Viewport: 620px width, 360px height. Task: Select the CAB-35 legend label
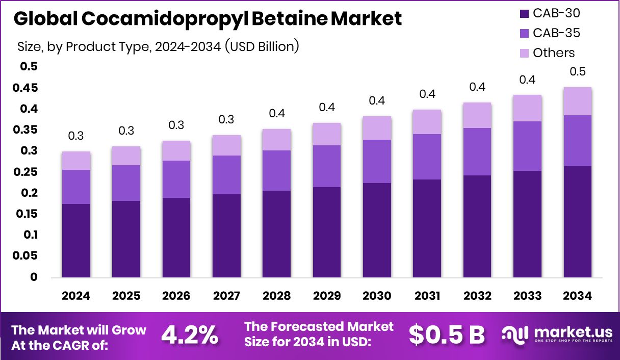[x=556, y=33]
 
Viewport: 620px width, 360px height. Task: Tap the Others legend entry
[x=553, y=53]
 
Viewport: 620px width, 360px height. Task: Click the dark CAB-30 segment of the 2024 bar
[x=76, y=241]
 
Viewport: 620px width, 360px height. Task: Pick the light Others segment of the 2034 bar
[x=577, y=101]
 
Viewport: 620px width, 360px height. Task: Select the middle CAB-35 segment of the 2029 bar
[x=326, y=166]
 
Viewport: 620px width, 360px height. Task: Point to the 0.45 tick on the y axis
[x=25, y=88]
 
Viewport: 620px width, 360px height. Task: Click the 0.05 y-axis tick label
[x=25, y=256]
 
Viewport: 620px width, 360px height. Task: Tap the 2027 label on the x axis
[x=226, y=296]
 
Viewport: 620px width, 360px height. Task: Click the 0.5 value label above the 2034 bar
[x=577, y=72]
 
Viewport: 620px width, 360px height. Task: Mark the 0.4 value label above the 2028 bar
[x=276, y=114]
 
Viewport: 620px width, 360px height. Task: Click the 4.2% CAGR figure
[x=190, y=335]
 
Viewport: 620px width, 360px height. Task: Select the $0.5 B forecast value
[x=447, y=335]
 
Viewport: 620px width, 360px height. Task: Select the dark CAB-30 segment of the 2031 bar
[x=427, y=228]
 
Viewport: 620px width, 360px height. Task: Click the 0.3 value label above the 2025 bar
[x=126, y=131]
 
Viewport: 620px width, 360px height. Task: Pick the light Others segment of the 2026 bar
[x=176, y=150]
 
